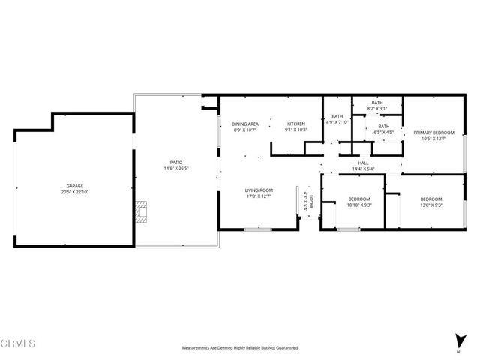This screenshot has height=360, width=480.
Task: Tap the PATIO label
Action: click(176, 162)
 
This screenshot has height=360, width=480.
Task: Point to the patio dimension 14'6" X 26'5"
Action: click(176, 169)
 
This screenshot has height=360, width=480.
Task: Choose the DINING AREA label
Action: click(244, 124)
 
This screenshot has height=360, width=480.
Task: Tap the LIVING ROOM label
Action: click(259, 190)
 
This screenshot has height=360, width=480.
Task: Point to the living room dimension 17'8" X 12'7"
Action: click(259, 197)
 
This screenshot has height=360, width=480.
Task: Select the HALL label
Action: click(363, 163)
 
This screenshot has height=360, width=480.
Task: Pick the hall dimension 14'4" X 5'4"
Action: click(363, 169)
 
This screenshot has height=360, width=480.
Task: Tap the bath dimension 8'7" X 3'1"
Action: click(377, 109)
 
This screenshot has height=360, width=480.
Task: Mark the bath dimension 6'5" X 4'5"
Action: click(384, 133)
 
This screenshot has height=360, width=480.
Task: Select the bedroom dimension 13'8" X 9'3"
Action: click(430, 205)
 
